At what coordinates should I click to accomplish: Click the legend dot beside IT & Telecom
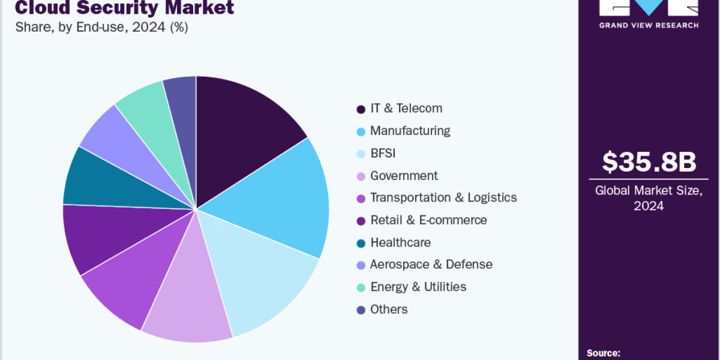point(361,109)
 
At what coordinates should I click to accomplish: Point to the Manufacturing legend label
point(410,131)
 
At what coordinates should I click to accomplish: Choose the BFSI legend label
point(383,153)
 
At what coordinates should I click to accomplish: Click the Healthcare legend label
point(400,242)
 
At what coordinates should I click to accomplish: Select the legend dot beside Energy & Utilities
point(361,287)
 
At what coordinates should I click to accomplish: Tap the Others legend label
point(389,310)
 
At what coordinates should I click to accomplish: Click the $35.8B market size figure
point(649,162)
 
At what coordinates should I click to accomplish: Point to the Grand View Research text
point(649,25)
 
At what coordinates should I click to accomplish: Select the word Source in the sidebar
point(603,353)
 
